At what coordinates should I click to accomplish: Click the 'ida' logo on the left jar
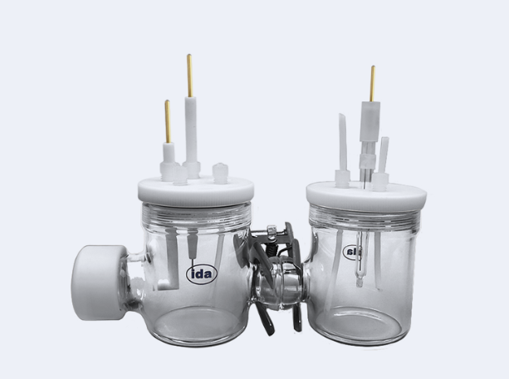pos(202,274)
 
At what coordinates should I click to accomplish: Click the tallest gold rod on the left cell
pos(189,76)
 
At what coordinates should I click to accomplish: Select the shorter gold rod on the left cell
pos(168,121)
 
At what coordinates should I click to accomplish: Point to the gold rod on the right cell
pos(373,84)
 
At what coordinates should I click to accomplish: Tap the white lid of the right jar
pos(366,195)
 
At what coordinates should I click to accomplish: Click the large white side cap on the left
pos(97,283)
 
